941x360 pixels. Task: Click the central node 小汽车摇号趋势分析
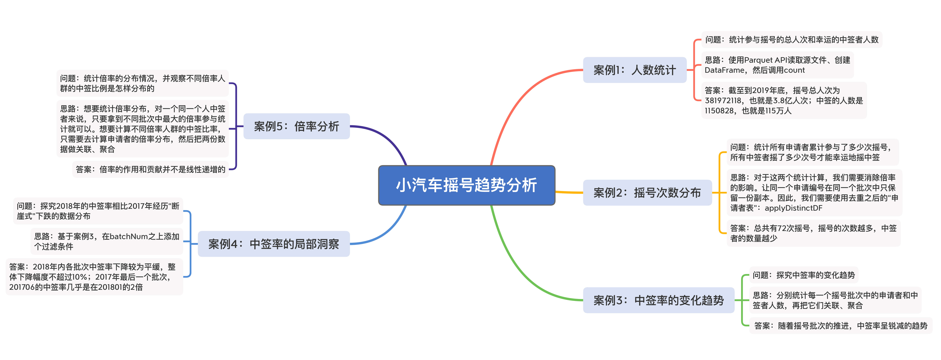[466, 185]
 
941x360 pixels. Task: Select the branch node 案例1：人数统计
[634, 70]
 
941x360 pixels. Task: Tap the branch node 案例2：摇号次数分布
[647, 192]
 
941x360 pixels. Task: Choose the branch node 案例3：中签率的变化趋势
[658, 300]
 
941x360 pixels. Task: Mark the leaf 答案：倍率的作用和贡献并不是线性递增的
[151, 169]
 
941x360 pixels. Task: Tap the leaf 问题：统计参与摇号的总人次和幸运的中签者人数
[792, 39]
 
